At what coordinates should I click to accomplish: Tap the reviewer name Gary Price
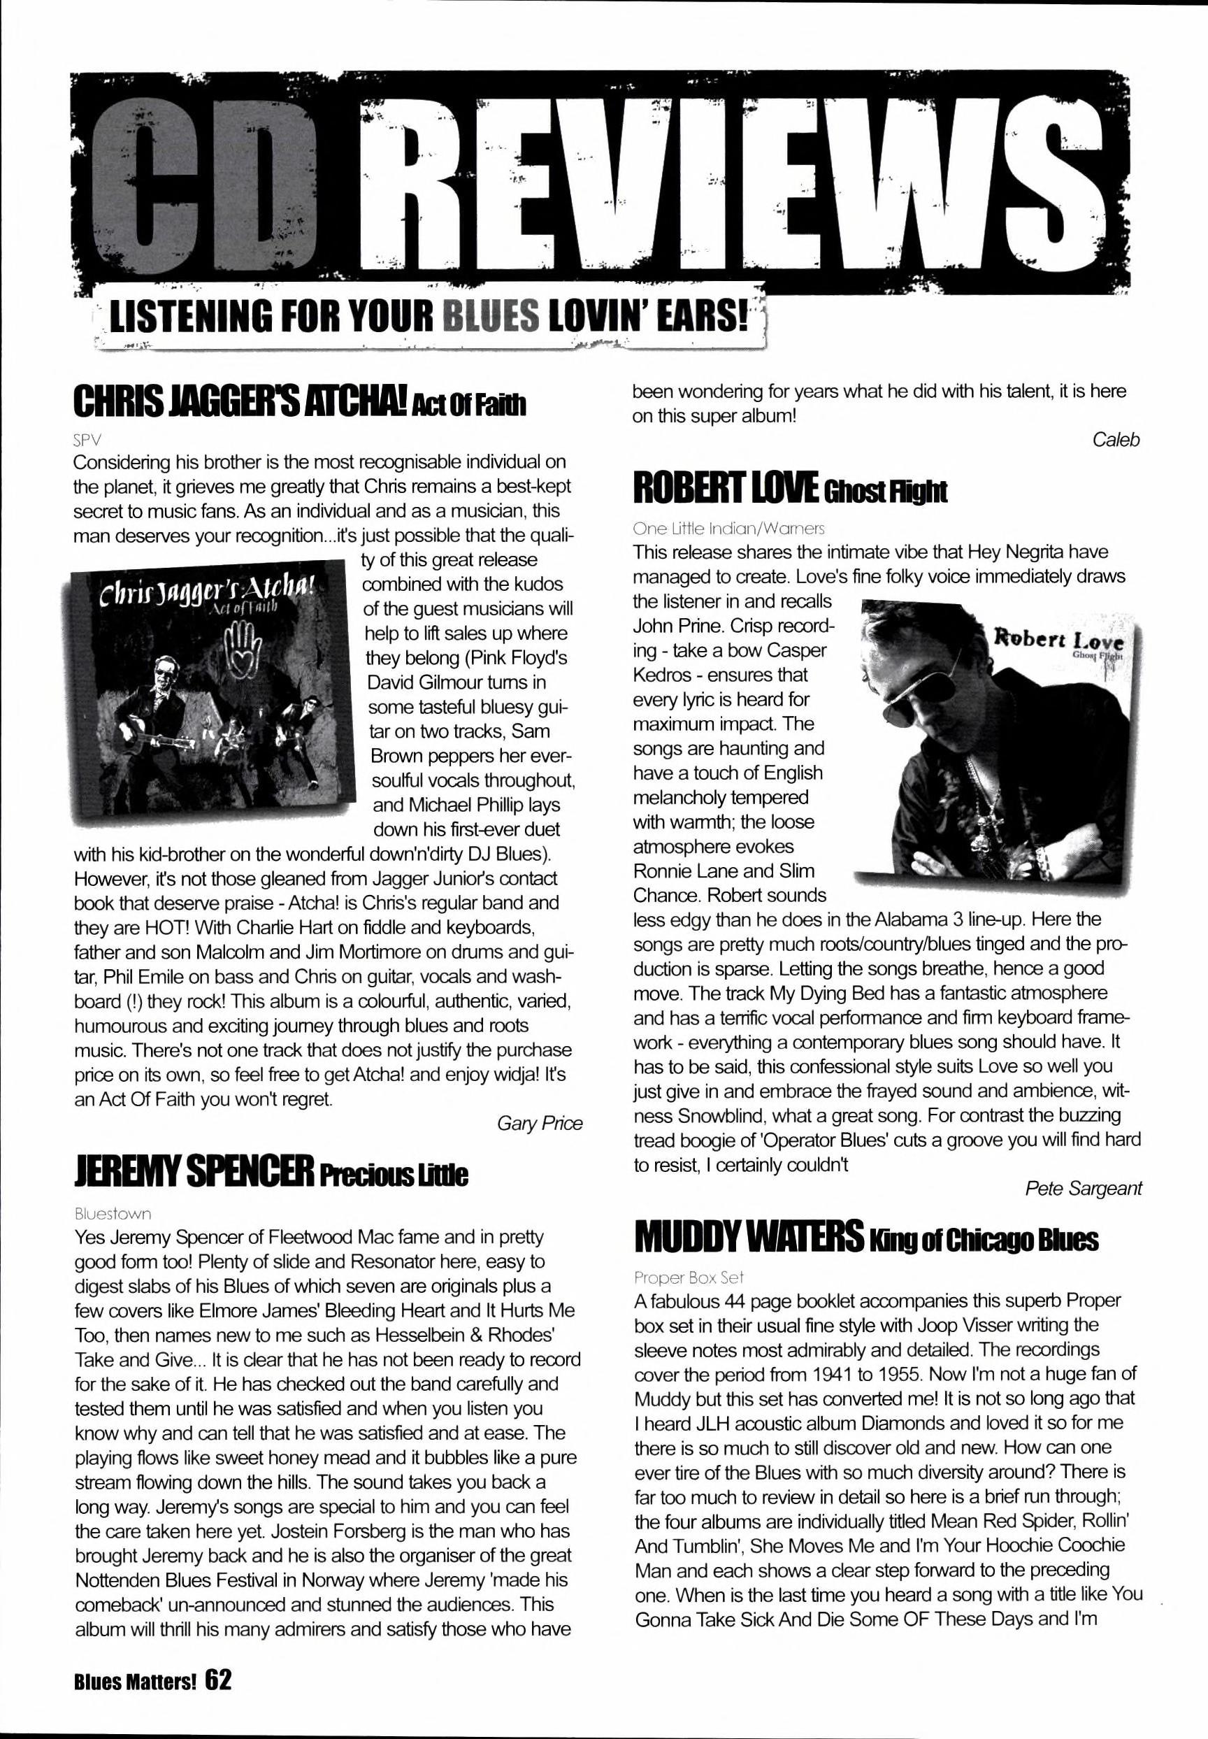coord(540,1123)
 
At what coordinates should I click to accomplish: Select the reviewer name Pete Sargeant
coord(1083,1188)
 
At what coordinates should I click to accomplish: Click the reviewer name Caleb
coord(1116,439)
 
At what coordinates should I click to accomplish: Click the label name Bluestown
coord(113,1214)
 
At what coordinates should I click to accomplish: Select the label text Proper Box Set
coord(689,1278)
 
